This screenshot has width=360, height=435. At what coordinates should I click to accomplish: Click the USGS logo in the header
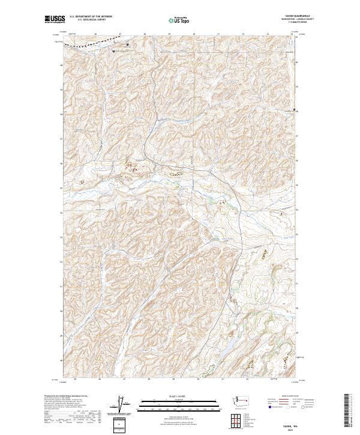(x=53, y=20)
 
